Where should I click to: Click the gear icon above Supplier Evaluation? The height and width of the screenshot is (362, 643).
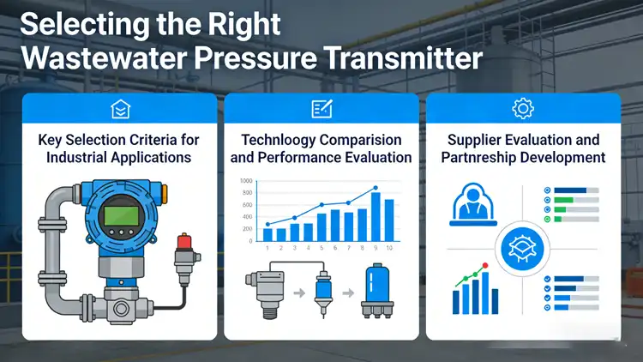522,108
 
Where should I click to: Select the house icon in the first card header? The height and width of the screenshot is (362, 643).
120,108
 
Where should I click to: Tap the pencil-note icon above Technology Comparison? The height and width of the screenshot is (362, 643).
321,108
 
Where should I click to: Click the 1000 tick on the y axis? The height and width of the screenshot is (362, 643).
247,182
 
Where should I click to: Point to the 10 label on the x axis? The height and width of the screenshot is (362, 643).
389,248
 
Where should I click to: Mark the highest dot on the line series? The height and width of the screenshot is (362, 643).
376,189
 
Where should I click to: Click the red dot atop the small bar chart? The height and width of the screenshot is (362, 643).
484,266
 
